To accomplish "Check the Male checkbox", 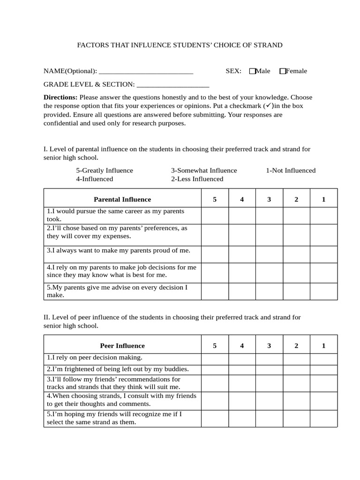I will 253,71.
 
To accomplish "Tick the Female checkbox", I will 283,71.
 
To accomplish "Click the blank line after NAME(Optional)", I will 146,72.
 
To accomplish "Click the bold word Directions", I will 60,97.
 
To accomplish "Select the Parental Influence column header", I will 122,199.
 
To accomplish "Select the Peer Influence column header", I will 122,346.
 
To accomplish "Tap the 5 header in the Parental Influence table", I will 215,199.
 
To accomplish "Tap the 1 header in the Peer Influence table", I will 323,346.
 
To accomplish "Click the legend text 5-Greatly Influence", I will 105,171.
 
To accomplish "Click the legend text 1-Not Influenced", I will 291,171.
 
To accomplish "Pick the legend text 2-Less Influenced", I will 197,179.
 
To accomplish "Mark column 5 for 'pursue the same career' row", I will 215,216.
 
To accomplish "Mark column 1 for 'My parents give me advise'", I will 323,291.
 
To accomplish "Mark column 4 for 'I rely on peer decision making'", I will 242,359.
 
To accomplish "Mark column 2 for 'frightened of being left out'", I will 296,369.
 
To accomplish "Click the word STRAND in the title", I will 268,45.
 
